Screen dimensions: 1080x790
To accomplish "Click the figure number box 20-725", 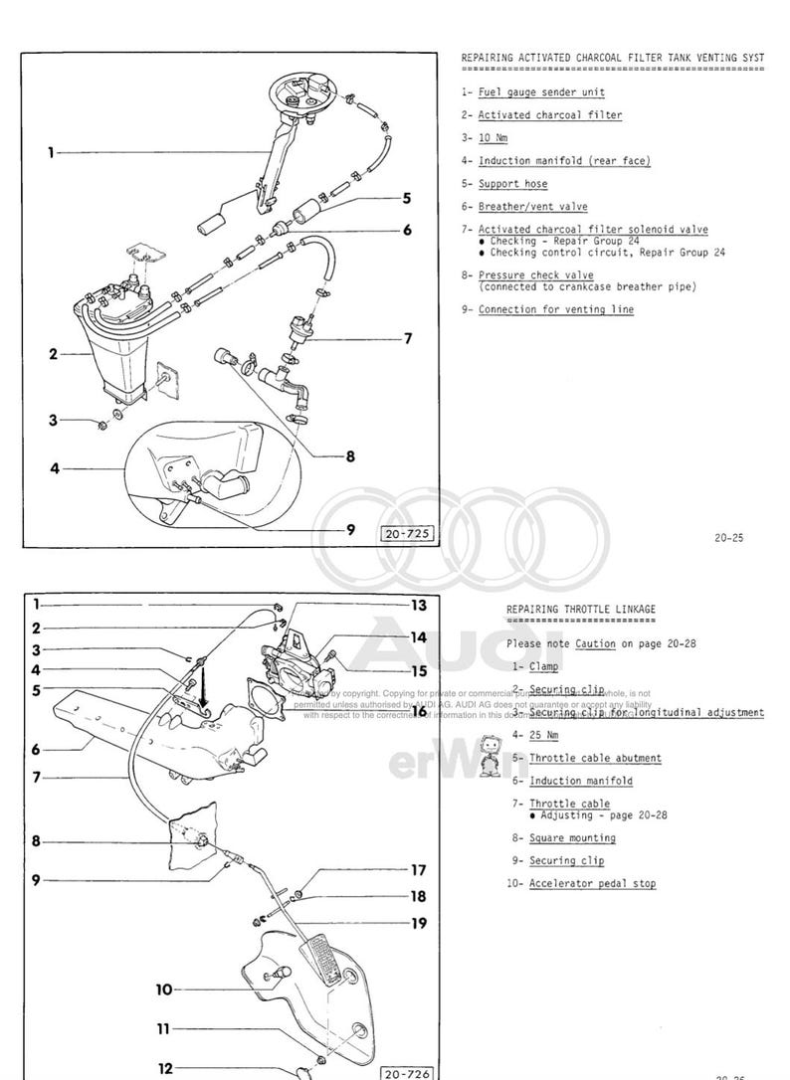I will pyautogui.click(x=406, y=534).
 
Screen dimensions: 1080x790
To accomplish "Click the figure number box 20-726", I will pyautogui.click(x=406, y=1073).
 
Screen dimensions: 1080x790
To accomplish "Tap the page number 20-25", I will pyautogui.click(x=728, y=538).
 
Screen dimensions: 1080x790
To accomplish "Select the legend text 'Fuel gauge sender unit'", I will pyautogui.click(x=541, y=92).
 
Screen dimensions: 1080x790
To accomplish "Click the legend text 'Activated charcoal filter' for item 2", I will pyautogui.click(x=549, y=115).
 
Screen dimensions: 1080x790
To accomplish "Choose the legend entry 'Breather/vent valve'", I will pyautogui.click(x=532, y=207).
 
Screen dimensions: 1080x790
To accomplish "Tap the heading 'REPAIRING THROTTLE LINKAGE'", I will pyautogui.click(x=581, y=610).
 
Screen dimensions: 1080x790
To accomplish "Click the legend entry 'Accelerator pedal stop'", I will pyautogui.click(x=592, y=883).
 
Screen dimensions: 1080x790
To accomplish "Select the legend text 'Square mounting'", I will pyautogui.click(x=572, y=838).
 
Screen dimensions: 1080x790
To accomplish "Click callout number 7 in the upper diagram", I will pyautogui.click(x=408, y=338).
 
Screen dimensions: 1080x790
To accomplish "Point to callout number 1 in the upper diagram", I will pyautogui.click(x=50, y=153).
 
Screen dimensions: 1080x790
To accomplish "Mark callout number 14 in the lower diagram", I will pyautogui.click(x=418, y=636).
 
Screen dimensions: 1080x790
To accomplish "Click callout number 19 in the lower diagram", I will pyautogui.click(x=418, y=923).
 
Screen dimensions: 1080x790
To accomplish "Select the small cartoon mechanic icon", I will pyautogui.click(x=488, y=755).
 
